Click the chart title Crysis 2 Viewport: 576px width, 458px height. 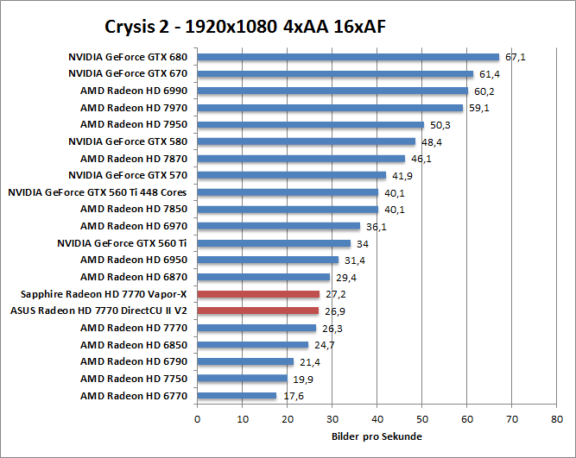(x=244, y=27)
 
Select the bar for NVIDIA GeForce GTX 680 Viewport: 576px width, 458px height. (x=348, y=58)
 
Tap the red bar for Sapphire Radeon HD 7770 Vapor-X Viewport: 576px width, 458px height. (x=258, y=294)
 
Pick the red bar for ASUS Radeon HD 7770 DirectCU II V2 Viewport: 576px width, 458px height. (x=257, y=311)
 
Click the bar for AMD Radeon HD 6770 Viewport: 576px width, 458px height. (x=237, y=395)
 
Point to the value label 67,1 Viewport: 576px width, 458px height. (x=516, y=58)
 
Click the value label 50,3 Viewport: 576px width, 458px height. (x=440, y=125)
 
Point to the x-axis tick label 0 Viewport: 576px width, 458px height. (x=198, y=419)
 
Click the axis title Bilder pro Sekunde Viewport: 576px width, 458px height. (x=377, y=436)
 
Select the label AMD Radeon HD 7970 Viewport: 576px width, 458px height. (x=134, y=108)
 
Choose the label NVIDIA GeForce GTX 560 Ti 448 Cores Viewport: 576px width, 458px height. (x=98, y=192)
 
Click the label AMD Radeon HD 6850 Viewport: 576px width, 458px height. (x=134, y=345)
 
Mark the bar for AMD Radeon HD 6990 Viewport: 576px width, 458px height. (x=332, y=91)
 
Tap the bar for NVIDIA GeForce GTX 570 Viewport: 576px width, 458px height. (x=291, y=175)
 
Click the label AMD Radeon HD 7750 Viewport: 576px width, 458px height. (x=134, y=379)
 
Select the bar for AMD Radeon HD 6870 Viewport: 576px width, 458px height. (x=263, y=277)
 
